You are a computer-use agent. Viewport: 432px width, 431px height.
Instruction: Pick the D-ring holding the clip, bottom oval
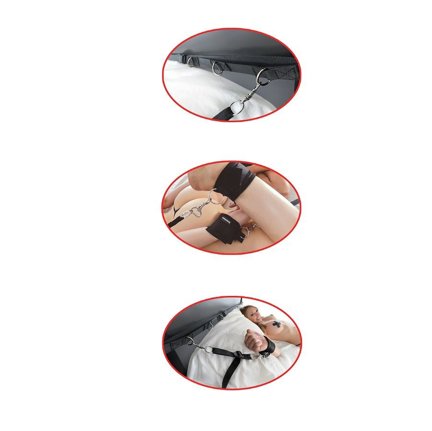click(x=190, y=342)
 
